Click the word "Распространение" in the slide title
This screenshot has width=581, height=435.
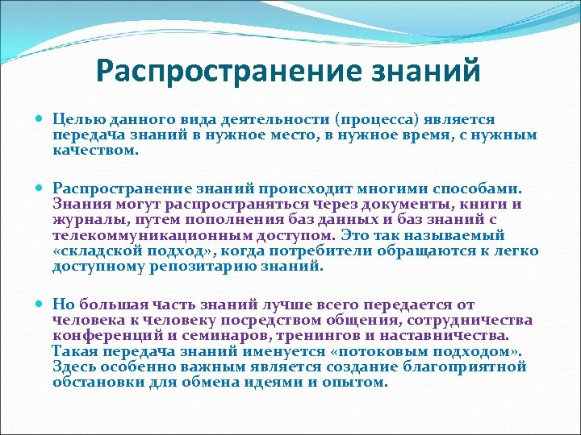click(207, 70)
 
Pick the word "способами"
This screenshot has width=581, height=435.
click(476, 189)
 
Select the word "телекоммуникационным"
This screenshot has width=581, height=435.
click(150, 235)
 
